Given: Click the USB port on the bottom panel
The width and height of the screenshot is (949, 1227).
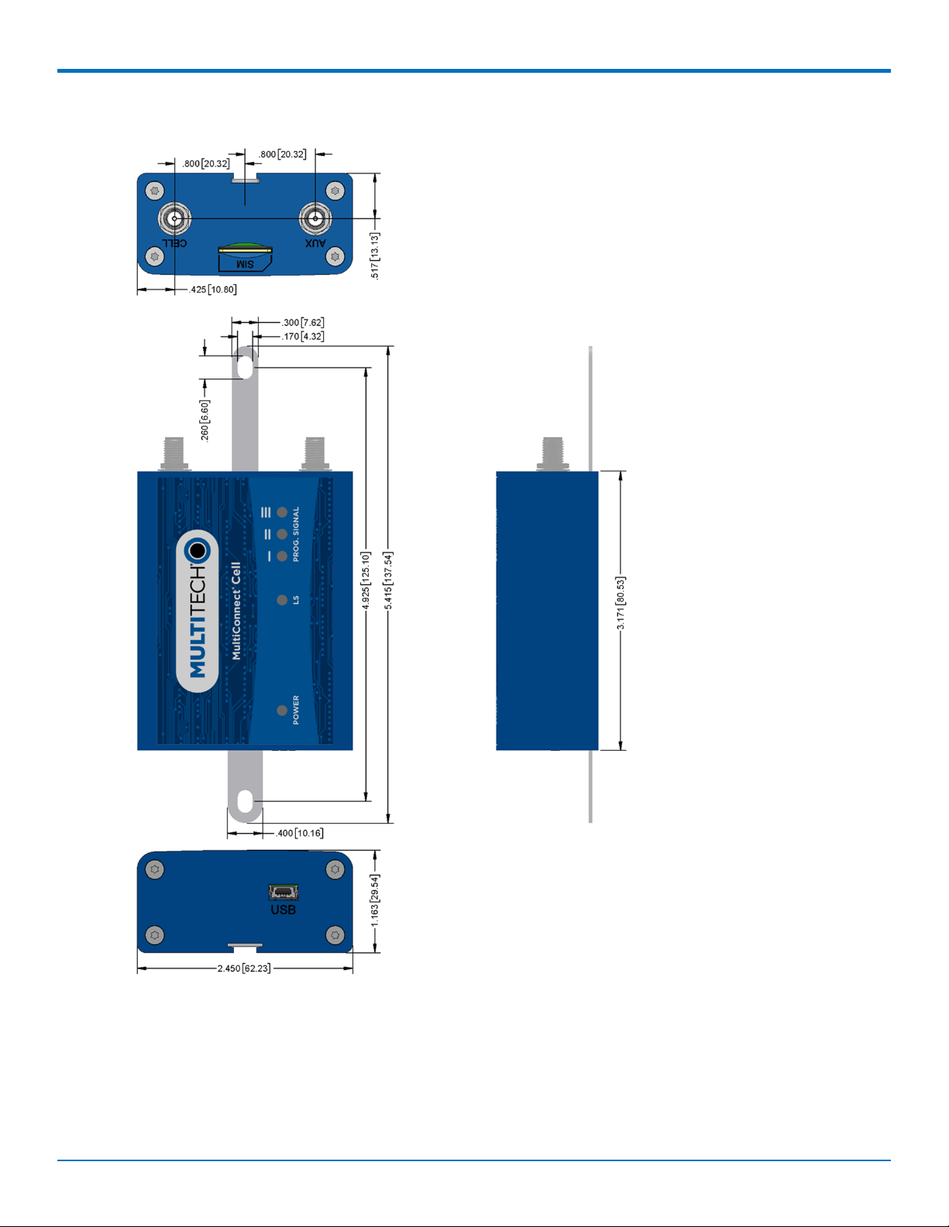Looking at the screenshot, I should pyautogui.click(x=283, y=892).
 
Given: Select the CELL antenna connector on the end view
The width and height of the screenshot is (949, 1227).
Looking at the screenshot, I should pyautogui.click(x=175, y=219).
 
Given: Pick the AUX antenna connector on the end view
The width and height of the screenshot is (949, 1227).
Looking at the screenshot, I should pyautogui.click(x=315, y=219).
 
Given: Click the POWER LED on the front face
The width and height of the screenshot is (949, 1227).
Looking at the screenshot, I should pyautogui.click(x=282, y=710).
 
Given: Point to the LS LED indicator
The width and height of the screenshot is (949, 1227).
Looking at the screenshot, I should pyautogui.click(x=282, y=600).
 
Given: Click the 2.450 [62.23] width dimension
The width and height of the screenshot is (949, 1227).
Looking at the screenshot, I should pyautogui.click(x=244, y=968).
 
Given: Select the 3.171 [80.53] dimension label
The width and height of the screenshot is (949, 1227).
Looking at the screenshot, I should pyautogui.click(x=621, y=603).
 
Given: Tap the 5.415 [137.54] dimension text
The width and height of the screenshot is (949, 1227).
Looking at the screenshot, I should pyautogui.click(x=388, y=581).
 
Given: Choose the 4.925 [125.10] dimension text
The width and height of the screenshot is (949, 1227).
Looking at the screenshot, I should pyautogui.click(x=366, y=581).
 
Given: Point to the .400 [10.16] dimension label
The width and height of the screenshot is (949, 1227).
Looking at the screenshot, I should pyautogui.click(x=300, y=833).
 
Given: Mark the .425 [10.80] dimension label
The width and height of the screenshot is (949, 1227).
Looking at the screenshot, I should pyautogui.click(x=213, y=290).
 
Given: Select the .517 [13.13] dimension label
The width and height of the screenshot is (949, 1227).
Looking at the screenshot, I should pyautogui.click(x=375, y=255).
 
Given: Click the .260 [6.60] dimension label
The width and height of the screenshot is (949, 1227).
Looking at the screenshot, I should pyautogui.click(x=205, y=421).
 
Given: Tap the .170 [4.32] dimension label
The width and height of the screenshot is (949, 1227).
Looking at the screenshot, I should pyautogui.click(x=303, y=336).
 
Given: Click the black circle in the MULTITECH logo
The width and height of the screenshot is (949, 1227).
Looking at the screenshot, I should pyautogui.click(x=198, y=550).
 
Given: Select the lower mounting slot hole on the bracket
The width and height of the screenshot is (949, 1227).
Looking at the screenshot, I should pyautogui.click(x=245, y=802).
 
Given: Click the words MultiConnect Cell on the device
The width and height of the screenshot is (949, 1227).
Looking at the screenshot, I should pyautogui.click(x=236, y=611).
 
